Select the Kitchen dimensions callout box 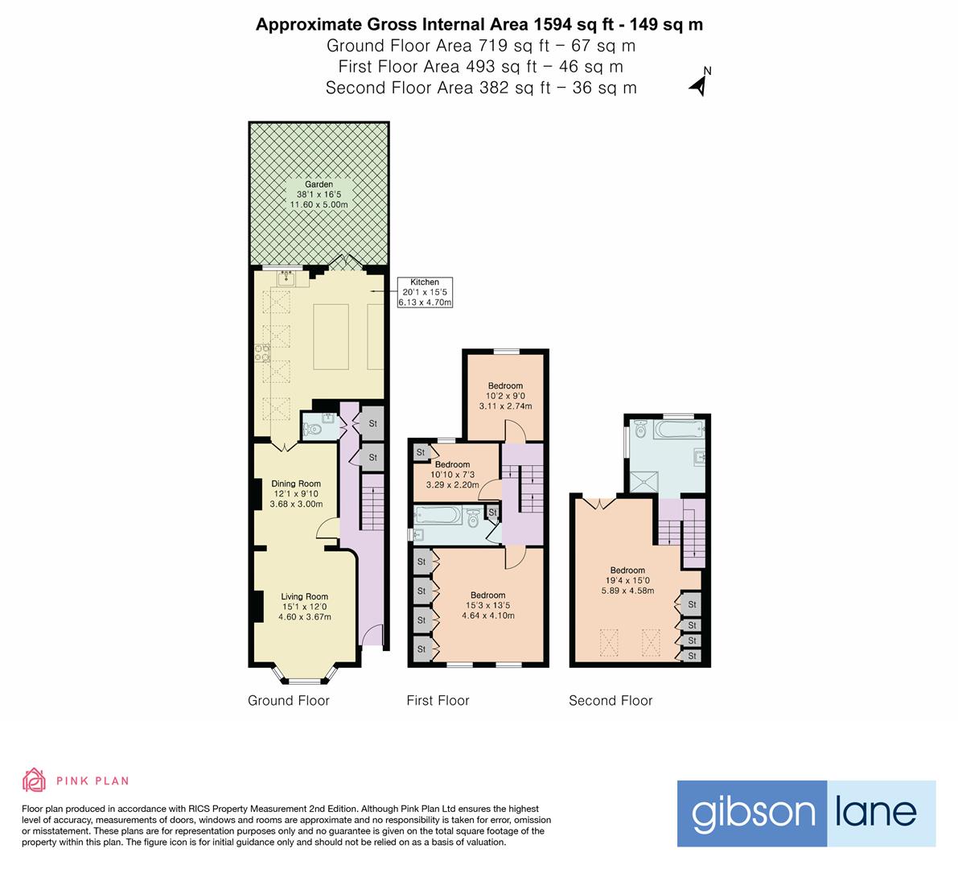click(x=426, y=292)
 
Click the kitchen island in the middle click(x=331, y=334)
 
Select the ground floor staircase click(x=372, y=502)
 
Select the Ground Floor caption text click(x=289, y=701)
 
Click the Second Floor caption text click(x=611, y=701)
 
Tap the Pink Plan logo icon click(x=34, y=780)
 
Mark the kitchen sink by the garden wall click(x=287, y=278)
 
